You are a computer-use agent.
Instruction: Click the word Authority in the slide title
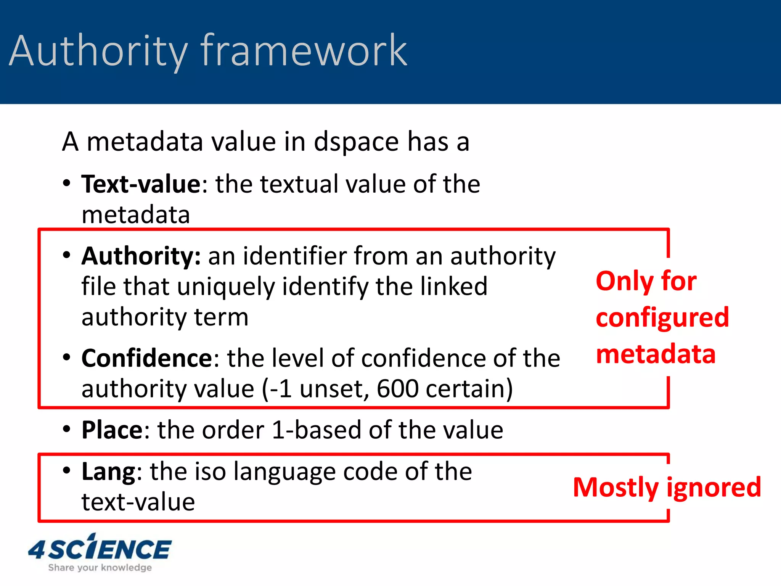click(98, 51)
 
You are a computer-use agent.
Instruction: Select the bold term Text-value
click(141, 184)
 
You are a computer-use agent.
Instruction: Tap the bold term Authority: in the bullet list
click(141, 256)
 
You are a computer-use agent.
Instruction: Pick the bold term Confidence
click(147, 358)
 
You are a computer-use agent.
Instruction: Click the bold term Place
click(112, 430)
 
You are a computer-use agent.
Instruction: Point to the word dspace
click(357, 142)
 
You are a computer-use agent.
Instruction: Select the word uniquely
click(226, 287)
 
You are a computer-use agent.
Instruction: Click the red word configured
click(662, 317)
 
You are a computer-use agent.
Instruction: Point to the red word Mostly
click(615, 488)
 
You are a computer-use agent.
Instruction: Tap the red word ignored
click(714, 488)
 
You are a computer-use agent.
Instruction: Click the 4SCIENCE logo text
click(100, 549)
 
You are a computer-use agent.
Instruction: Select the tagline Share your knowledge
click(100, 568)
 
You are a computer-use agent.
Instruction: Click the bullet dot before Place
click(67, 429)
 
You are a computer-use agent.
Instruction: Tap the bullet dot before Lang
click(67, 470)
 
